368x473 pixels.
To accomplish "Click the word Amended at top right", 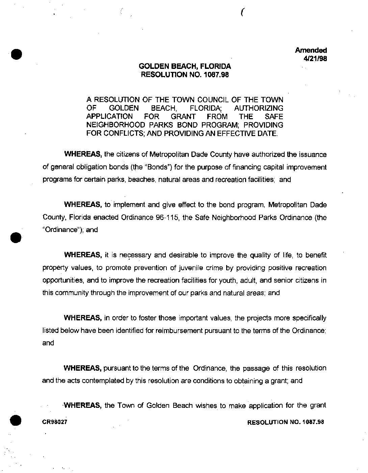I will [311, 50].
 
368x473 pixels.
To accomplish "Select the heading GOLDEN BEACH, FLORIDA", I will [185, 67].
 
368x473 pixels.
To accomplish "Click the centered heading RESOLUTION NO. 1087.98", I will [185, 75].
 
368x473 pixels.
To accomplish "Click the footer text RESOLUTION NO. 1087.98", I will [286, 422].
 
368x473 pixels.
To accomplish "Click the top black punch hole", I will [16, 54].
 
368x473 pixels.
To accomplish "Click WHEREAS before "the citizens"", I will [83, 155].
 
